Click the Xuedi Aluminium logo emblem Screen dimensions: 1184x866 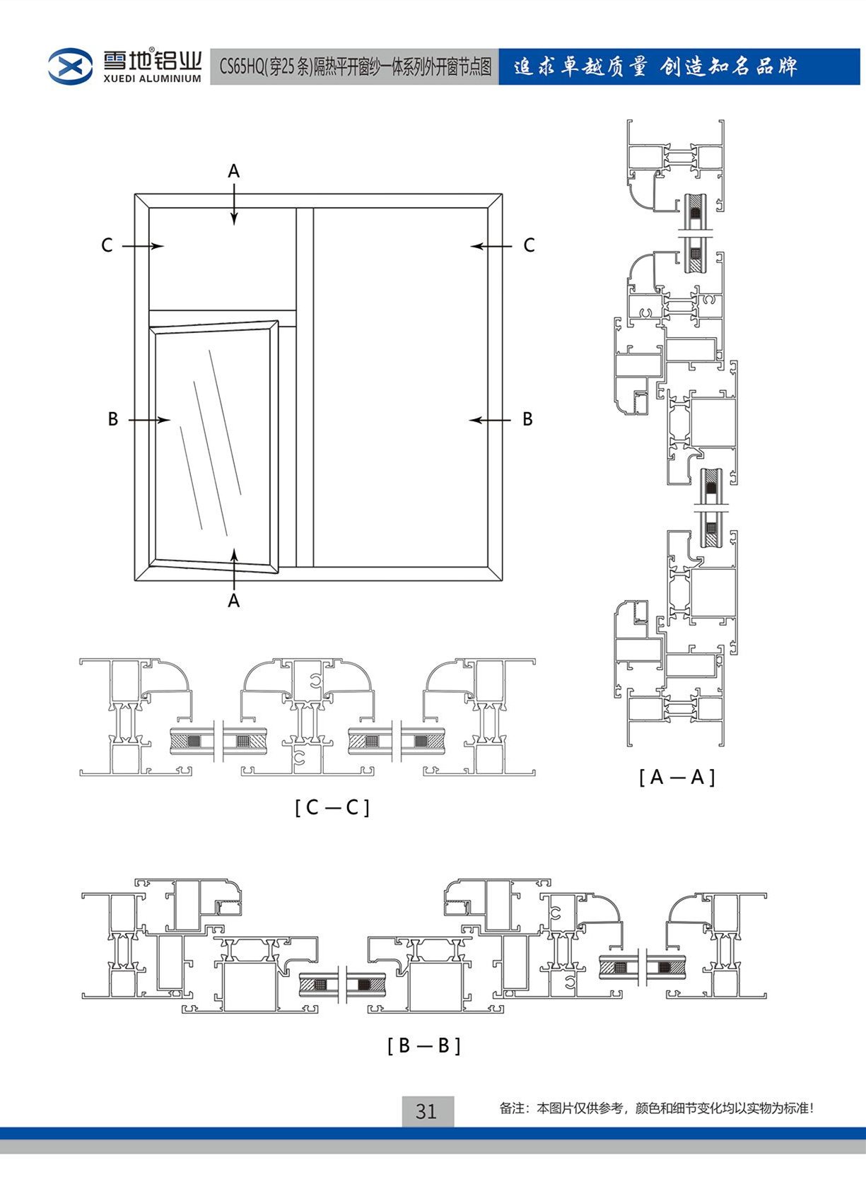70,66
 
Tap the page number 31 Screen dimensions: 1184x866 426,1111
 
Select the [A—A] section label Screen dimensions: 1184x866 677,778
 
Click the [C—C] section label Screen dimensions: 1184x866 332,807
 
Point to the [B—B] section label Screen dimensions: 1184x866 423,1045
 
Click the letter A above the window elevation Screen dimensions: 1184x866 234,171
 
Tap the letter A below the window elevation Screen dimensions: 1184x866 234,601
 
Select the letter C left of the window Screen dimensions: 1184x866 107,245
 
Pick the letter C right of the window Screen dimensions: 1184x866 529,245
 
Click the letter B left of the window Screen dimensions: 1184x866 112,419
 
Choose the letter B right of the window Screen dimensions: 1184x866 527,419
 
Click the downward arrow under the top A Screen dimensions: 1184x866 234,205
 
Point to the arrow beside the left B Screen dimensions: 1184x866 149,420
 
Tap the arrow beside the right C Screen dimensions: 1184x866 491,246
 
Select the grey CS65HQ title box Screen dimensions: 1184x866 354,67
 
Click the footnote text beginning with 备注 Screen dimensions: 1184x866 656,1108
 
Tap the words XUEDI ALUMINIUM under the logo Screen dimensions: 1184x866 152,79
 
